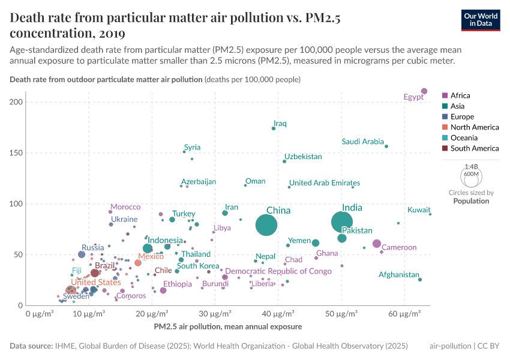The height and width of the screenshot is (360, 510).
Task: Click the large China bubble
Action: [x=266, y=225]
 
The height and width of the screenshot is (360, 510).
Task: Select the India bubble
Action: [x=341, y=222]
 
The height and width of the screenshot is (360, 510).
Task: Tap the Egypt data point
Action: [x=424, y=91]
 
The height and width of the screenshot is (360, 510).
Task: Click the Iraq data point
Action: [x=274, y=128]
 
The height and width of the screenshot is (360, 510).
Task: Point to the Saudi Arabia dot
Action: [x=386, y=146]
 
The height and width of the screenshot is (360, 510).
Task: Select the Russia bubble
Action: [x=82, y=254]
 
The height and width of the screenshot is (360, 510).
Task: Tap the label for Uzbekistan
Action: [x=303, y=157]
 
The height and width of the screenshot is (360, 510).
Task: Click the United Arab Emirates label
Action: [x=324, y=183]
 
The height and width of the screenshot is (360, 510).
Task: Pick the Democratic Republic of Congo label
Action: [x=278, y=271]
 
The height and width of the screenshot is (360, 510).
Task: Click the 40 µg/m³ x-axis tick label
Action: [x=279, y=314]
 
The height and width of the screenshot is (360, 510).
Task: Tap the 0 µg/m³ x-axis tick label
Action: [x=40, y=314]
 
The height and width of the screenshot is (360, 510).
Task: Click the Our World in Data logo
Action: [x=481, y=19]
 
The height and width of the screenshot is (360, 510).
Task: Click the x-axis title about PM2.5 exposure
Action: [x=227, y=327]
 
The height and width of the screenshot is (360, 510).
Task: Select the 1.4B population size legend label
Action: [x=472, y=167]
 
